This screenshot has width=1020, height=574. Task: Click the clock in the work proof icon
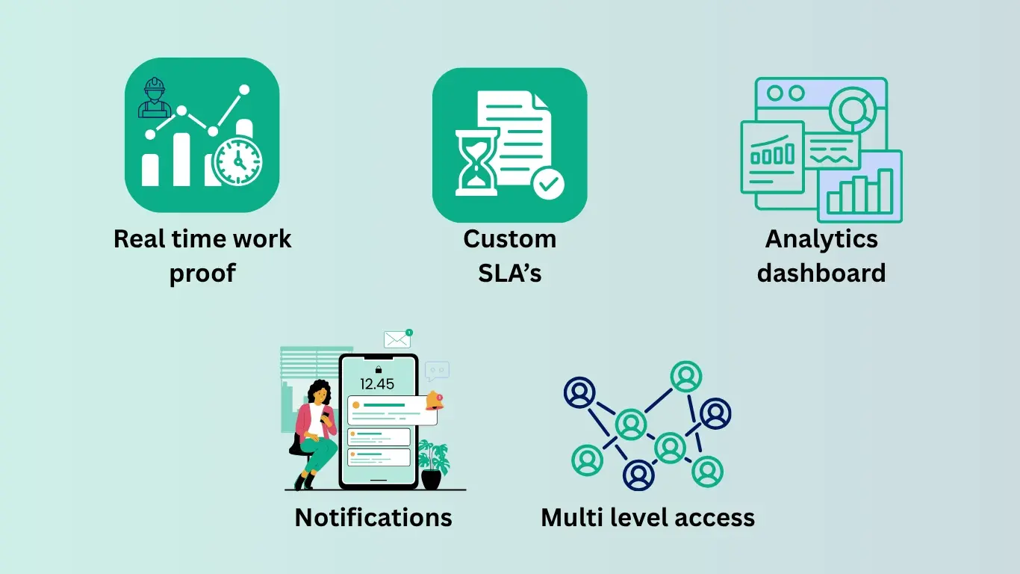pyautogui.click(x=237, y=161)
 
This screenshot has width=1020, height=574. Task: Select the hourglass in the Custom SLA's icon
pyautogui.click(x=477, y=161)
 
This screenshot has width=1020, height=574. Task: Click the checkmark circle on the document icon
pyautogui.click(x=548, y=182)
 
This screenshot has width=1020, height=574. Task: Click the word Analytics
pyautogui.click(x=821, y=239)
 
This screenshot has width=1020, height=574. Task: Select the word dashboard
pyautogui.click(x=821, y=273)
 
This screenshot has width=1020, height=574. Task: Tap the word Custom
pyautogui.click(x=510, y=239)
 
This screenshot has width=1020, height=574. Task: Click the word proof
pyautogui.click(x=202, y=273)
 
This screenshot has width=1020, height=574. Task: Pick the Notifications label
pyautogui.click(x=373, y=517)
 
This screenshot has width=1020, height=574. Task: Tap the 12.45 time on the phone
pyautogui.click(x=377, y=384)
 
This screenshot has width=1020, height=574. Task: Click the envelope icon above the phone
pyautogui.click(x=397, y=339)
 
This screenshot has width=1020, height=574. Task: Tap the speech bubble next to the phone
pyautogui.click(x=437, y=371)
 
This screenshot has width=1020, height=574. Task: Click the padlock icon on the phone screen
pyautogui.click(x=379, y=369)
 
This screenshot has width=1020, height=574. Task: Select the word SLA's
pyautogui.click(x=510, y=273)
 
